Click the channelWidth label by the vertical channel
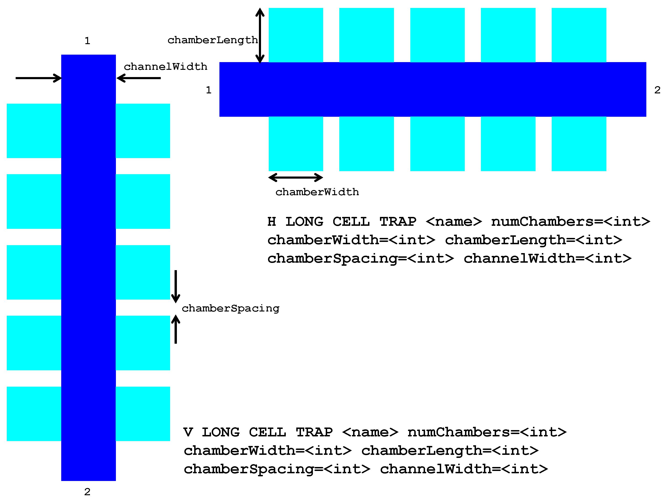pos(165,67)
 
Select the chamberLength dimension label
pos(212,40)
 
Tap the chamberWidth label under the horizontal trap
pos(317,192)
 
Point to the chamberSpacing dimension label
pos(230,308)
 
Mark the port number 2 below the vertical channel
pos(87,492)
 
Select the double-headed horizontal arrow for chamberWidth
pos(296,177)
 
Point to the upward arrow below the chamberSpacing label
pos(176,329)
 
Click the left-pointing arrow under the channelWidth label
pos(139,78)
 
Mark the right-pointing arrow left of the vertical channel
pos(38,78)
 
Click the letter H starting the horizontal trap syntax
pos(271,222)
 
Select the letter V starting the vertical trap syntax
pos(188,432)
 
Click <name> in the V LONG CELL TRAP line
pos(370,432)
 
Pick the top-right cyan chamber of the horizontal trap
pos(579,35)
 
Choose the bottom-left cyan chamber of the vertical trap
pos(34,414)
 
